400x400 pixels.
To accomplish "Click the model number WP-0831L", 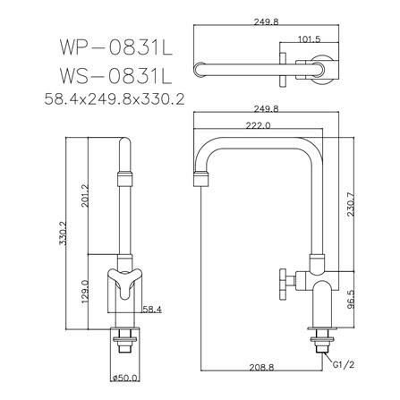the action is (x=116, y=47).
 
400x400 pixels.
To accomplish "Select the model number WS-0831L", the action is (x=116, y=76).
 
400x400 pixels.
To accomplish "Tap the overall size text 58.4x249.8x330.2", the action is (x=115, y=99).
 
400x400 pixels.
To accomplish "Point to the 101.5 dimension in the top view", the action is (x=310, y=39).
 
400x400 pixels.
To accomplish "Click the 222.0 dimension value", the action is (x=258, y=125).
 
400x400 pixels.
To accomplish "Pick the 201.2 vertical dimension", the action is (x=85, y=196).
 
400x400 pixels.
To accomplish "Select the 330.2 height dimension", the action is (x=63, y=234).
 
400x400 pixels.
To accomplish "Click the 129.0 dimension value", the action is (x=85, y=292).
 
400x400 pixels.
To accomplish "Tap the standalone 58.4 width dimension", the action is (x=152, y=310).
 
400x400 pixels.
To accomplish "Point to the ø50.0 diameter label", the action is (x=125, y=379).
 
